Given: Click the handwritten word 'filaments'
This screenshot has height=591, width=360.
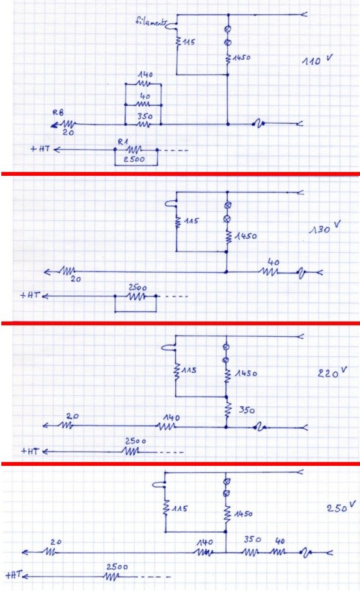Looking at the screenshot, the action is (150, 21).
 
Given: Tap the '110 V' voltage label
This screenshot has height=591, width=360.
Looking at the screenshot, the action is (317, 60).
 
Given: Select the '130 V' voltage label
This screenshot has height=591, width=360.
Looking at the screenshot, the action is (325, 228).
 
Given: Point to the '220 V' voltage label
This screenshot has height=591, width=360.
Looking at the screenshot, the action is (332, 372).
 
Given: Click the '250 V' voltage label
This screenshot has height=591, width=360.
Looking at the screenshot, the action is (341, 507).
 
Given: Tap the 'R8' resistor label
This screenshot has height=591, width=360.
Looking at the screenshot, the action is (58, 112).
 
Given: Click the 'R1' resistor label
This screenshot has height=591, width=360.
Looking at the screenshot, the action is (123, 142).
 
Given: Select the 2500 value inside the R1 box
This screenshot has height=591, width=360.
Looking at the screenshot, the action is (134, 159).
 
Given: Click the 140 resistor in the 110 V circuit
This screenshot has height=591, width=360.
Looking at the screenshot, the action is (144, 83).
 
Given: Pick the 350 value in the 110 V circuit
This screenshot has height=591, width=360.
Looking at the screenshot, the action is (145, 116).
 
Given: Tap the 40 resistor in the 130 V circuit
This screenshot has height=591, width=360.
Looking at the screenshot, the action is (270, 271).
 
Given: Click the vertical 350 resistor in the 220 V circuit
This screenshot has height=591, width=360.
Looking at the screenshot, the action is (227, 410).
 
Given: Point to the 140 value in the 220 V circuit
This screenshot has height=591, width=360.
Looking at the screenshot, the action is (171, 418).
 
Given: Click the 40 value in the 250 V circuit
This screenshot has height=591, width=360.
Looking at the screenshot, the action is (280, 541).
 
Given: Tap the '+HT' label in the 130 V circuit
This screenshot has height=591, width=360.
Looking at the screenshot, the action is (30, 295).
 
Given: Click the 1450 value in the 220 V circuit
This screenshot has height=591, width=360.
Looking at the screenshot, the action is (246, 373).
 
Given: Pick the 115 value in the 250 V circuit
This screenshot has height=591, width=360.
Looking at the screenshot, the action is (180, 508).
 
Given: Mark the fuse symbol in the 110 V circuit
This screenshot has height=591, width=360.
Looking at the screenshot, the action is (259, 123).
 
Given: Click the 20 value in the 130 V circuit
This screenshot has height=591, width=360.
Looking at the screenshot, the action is (76, 279).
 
